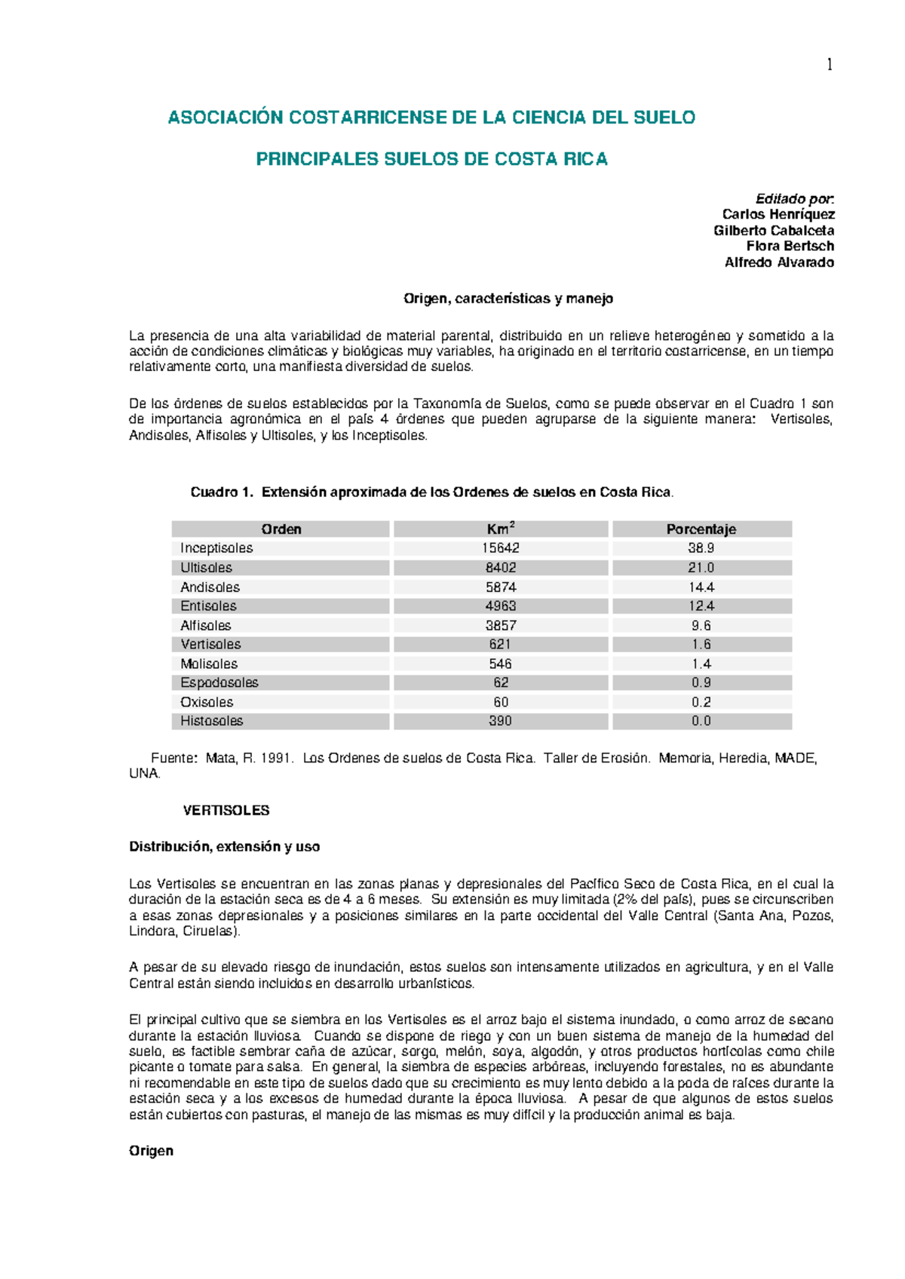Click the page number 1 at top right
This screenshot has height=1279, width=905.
pos(830,65)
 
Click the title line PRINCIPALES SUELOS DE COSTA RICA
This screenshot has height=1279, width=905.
pos(431,159)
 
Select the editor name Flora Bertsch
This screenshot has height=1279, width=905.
pos(790,246)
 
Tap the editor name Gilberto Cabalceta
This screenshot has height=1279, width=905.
pos(773,230)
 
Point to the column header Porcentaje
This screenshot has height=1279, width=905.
pos(701,529)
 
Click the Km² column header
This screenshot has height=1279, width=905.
pos(500,529)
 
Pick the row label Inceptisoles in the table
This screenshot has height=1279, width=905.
pos(216,548)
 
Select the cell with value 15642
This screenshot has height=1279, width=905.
pos(500,548)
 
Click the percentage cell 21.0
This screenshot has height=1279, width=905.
pos(701,568)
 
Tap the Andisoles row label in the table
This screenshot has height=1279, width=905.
pos(210,587)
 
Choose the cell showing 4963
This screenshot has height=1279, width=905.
pos(500,606)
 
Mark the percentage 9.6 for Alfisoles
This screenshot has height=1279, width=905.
pos(701,625)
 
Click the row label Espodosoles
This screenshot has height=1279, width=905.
pos(219,682)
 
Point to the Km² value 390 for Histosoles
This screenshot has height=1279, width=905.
pos(500,721)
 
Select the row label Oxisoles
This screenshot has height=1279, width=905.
pos(207,702)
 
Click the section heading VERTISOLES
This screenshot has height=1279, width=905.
pos(226,811)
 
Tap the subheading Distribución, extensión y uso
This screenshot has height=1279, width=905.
pos(225,847)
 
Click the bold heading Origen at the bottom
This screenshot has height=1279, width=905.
pos(151,1151)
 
